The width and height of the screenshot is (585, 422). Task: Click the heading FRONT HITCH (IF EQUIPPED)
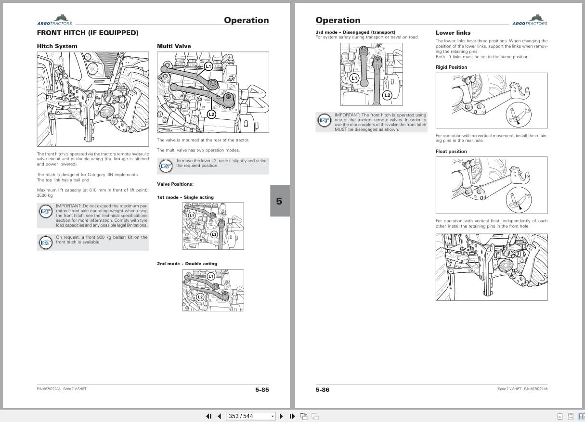(87, 33)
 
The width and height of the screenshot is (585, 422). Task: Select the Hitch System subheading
(57, 46)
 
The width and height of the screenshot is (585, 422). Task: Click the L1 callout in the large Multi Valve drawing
(208, 66)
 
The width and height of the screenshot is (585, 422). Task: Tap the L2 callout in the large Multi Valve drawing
(211, 114)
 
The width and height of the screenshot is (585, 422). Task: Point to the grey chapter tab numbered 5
(279, 201)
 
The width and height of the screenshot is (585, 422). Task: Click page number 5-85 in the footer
(262, 389)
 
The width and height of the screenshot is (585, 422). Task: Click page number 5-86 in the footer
(323, 389)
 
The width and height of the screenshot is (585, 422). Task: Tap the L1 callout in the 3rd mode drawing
(354, 77)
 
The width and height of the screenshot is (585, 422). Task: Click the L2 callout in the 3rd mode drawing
(387, 95)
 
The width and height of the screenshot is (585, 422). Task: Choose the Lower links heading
(453, 33)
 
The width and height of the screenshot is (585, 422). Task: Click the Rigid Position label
(451, 67)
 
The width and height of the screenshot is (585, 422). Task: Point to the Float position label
(451, 152)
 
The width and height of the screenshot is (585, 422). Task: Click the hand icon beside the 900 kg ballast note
(46, 242)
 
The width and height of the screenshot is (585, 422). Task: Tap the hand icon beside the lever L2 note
(166, 166)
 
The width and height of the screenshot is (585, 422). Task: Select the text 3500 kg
(45, 195)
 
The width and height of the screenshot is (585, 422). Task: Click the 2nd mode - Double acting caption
(187, 264)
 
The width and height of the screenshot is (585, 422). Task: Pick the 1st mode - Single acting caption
(185, 197)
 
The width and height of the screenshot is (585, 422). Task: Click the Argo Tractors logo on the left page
(54, 20)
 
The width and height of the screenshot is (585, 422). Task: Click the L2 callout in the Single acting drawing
(214, 234)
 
